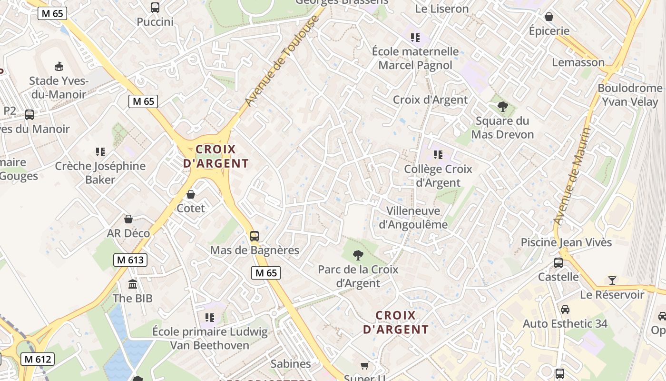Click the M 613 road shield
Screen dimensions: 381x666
click(x=130, y=260)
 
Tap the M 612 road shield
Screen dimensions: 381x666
click(x=38, y=359)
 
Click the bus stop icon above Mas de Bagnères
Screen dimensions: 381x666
click(x=255, y=236)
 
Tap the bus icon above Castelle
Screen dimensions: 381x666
click(x=558, y=262)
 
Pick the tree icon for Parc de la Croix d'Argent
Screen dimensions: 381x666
click(x=358, y=255)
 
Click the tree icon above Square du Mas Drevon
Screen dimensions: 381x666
click(x=502, y=106)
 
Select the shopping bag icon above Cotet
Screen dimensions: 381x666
click(x=191, y=194)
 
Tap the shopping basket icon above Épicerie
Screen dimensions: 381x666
click(x=549, y=17)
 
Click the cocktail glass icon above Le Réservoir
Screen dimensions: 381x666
click(x=612, y=280)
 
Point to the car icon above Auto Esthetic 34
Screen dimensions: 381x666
click(x=565, y=309)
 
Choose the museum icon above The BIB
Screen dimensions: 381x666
click(x=133, y=284)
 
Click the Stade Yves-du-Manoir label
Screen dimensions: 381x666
click(x=58, y=87)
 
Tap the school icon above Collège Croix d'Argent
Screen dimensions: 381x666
click(x=438, y=154)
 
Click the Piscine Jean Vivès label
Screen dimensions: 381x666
click(x=566, y=242)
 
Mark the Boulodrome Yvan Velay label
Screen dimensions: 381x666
click(x=630, y=95)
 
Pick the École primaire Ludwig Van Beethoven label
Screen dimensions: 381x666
click(x=210, y=338)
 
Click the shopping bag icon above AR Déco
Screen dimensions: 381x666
click(x=128, y=219)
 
